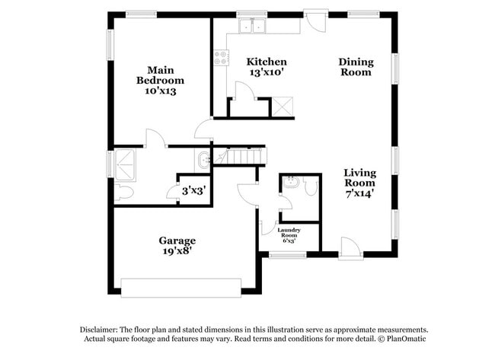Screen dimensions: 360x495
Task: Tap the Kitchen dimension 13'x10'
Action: pyautogui.click(x=266, y=73)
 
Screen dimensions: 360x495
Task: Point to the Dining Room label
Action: pyautogui.click(x=356, y=67)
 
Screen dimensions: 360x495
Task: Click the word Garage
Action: pyautogui.click(x=177, y=240)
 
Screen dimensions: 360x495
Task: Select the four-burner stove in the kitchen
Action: pyautogui.click(x=220, y=57)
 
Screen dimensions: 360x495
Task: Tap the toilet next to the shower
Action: pyautogui.click(x=123, y=193)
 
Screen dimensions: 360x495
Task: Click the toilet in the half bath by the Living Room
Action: pyautogui.click(x=309, y=184)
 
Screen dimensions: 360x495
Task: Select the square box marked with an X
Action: pyautogui.click(x=283, y=107)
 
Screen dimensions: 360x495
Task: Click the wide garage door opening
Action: pyautogui.click(x=181, y=287)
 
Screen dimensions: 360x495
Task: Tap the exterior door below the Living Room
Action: pyautogui.click(x=350, y=248)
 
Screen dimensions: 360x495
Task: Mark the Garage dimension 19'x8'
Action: pyautogui.click(x=177, y=251)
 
